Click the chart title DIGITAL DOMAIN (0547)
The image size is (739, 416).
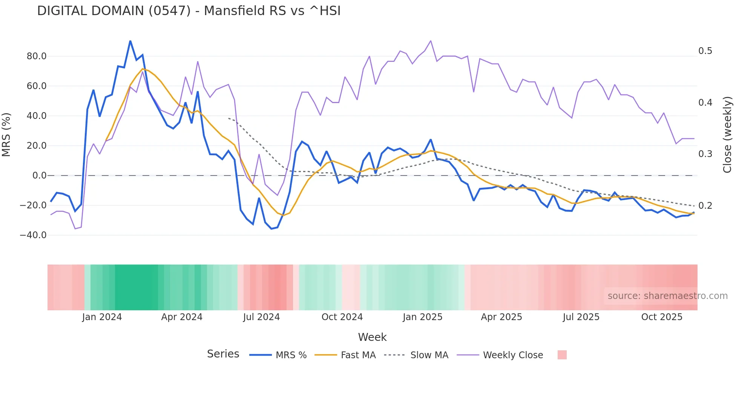pyautogui.click(x=189, y=11)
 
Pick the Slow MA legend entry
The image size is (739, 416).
pyautogui.click(x=416, y=355)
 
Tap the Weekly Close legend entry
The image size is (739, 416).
pyautogui.click(x=500, y=355)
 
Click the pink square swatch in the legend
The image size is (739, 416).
pyautogui.click(x=562, y=355)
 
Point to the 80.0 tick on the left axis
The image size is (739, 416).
pyautogui.click(x=37, y=56)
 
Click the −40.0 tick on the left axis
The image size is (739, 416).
pyautogui.click(x=33, y=235)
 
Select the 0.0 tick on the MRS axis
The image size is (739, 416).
pyautogui.click(x=39, y=176)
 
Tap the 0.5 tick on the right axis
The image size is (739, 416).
pyautogui.click(x=705, y=51)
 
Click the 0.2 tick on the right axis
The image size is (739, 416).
pyautogui.click(x=705, y=206)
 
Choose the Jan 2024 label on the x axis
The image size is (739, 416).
pyautogui.click(x=102, y=317)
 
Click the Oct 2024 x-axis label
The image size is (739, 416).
pyautogui.click(x=342, y=317)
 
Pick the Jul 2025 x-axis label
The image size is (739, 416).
pyautogui.click(x=581, y=317)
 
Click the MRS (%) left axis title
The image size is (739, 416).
pyautogui.click(x=6, y=134)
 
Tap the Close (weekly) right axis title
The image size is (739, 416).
pyautogui.click(x=727, y=135)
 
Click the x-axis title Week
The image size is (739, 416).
pyautogui.click(x=372, y=337)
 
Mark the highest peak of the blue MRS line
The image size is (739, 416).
pyautogui.click(x=130, y=41)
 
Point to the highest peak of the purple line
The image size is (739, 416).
pyautogui.click(x=431, y=41)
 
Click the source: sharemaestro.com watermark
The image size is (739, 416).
pyautogui.click(x=667, y=296)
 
